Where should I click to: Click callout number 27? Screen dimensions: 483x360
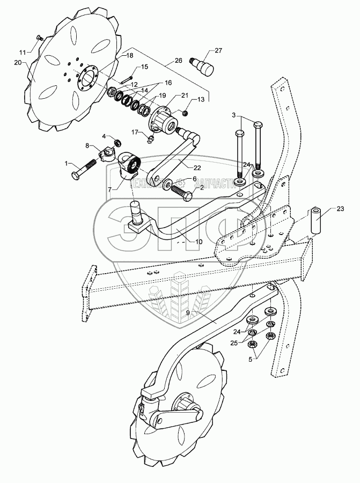click(218, 50)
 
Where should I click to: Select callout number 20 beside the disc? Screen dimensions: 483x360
click(17, 62)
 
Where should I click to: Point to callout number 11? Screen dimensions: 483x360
click(22, 52)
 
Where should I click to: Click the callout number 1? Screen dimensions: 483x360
click(67, 163)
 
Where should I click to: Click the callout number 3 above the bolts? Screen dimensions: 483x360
click(234, 116)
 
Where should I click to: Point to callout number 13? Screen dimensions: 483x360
click(201, 100)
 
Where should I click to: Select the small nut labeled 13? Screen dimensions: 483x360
click(185, 113)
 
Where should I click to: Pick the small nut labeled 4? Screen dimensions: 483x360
click(117, 143)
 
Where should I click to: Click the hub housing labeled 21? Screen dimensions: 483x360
click(164, 118)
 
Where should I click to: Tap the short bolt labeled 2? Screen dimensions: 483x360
click(181, 192)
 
